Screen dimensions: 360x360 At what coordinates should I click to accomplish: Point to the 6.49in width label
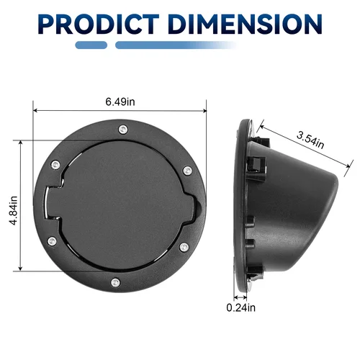click(120, 102)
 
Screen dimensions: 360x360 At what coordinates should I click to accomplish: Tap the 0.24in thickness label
click(240, 307)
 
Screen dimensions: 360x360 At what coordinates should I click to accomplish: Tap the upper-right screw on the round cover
click(187, 170)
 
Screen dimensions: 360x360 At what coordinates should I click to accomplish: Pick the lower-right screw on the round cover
click(185, 246)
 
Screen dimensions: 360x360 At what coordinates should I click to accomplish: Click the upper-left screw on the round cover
click(55, 166)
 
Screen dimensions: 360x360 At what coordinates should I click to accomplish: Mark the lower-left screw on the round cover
click(52, 241)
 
